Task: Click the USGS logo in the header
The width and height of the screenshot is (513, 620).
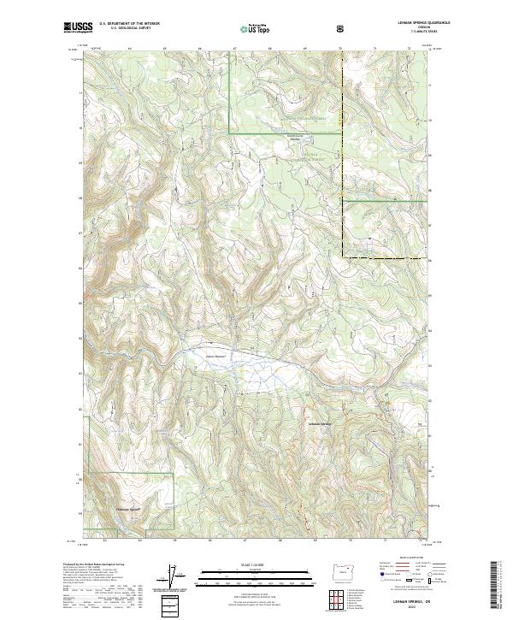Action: click(78, 27)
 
